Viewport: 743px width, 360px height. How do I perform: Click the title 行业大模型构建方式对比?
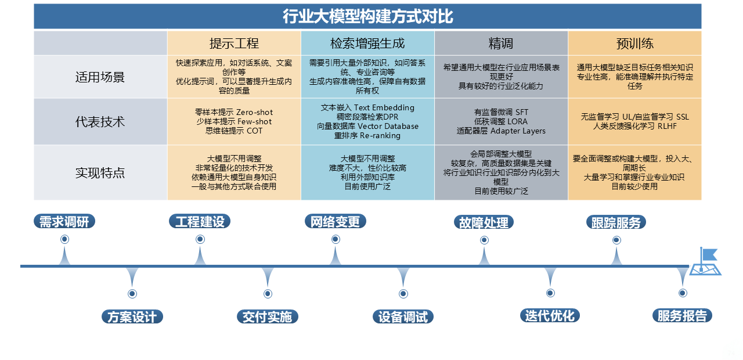point(367,16)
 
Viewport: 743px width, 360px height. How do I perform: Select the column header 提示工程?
point(234,44)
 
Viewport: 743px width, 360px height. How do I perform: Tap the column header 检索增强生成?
point(367,44)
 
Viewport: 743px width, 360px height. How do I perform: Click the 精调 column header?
point(501,44)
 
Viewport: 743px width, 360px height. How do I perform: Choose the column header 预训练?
point(634,44)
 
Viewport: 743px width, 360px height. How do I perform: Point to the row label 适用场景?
point(100,77)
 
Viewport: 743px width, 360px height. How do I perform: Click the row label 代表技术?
point(100,122)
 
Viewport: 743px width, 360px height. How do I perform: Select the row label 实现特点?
point(100,173)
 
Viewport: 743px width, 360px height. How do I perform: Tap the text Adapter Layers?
point(518,131)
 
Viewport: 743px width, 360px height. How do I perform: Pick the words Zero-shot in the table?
point(254,113)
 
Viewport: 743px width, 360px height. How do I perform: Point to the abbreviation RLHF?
point(667,127)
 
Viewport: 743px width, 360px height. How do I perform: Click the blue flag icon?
point(705,261)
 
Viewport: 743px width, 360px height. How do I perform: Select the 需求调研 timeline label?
point(64,222)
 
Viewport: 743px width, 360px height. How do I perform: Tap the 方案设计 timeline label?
point(132,317)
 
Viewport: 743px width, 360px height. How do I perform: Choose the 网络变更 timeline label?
point(336,222)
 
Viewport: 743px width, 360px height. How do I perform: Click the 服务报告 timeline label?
point(682,316)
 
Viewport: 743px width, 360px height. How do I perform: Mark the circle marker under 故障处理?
point(484,240)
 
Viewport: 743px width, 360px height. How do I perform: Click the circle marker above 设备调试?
point(403,294)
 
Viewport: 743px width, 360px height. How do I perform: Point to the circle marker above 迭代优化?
point(550,293)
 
